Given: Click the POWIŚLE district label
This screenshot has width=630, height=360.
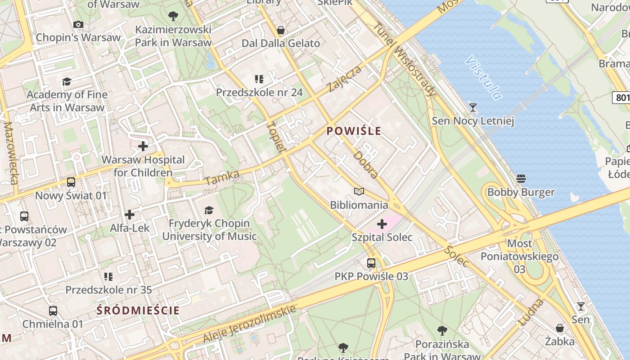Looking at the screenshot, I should pos(354,131).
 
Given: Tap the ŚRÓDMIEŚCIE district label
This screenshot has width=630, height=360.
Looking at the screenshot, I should pos(139,310).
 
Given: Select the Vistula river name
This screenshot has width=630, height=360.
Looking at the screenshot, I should pos(484,78).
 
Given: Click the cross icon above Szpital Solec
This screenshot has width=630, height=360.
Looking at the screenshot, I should pos(382,224).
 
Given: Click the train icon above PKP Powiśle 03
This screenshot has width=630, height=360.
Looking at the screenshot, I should pos(371,263).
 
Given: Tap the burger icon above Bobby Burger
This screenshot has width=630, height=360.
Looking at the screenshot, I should pos(521,179).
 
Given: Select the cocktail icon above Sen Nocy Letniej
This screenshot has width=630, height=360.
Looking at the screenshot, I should pos(472,108).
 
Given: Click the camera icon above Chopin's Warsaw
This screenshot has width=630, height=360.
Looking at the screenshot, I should pos(78,24).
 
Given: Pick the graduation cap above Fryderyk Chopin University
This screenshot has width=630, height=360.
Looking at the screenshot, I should pos(209,210).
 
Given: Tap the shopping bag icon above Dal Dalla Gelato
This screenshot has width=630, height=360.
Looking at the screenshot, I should pos(281,30).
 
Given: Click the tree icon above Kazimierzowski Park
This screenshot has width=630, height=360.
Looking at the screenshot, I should pos(173,17).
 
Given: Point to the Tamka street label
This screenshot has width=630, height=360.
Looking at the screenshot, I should pos(222,177).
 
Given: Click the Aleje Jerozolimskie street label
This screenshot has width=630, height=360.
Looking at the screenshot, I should pos(250,324).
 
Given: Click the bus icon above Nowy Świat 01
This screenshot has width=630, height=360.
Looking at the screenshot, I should pos(71,182).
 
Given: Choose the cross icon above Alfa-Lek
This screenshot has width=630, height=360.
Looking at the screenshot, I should pos(130,215).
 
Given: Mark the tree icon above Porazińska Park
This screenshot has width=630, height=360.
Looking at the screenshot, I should pos(442,331).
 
